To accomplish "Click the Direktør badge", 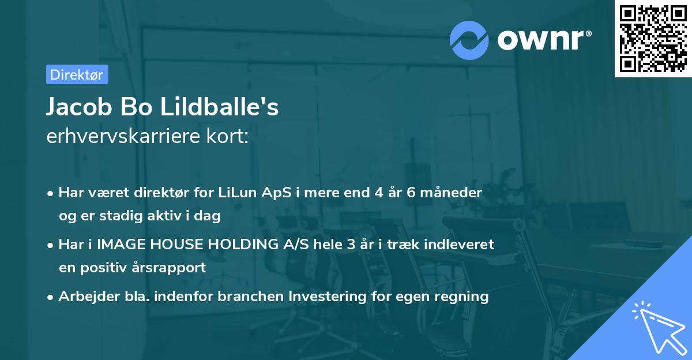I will point(77,74).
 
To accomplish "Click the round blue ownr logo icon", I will point(469,40).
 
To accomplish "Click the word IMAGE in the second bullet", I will point(118,244).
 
